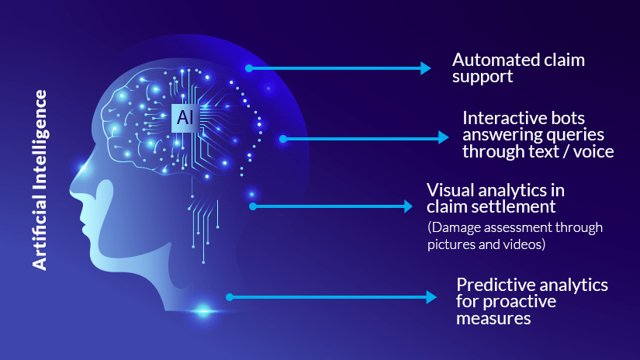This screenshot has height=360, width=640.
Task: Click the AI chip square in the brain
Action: pyautogui.click(x=185, y=118)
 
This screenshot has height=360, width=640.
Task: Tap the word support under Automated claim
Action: pyautogui.click(x=483, y=77)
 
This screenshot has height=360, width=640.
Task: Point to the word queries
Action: pyautogui.click(x=575, y=136)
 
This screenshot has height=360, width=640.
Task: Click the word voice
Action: pyautogui.click(x=593, y=152)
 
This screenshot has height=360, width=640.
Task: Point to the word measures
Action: pyautogui.click(x=493, y=318)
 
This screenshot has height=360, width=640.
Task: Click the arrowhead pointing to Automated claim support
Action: pyautogui.click(x=426, y=68)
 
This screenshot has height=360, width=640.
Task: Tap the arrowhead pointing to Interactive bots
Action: pyautogui.click(x=444, y=137)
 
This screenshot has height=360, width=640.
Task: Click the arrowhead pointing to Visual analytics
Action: pyautogui.click(x=408, y=206)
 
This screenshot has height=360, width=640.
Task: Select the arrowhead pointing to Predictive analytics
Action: pyautogui.click(x=431, y=297)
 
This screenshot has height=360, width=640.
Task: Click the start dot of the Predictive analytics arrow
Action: pyautogui.click(x=230, y=297)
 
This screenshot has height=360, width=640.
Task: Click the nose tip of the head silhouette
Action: pyautogui.click(x=71, y=190)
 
